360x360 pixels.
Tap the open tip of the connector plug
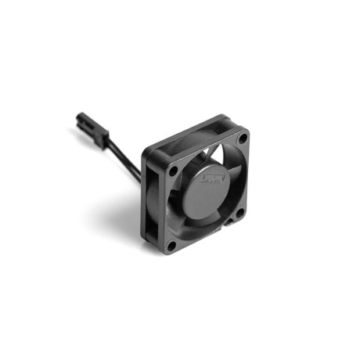80,120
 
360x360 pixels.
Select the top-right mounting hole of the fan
242,139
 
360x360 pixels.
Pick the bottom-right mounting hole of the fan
240,211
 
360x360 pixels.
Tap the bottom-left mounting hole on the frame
171,244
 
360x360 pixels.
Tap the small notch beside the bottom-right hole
230,222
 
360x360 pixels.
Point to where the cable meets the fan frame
142,177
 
